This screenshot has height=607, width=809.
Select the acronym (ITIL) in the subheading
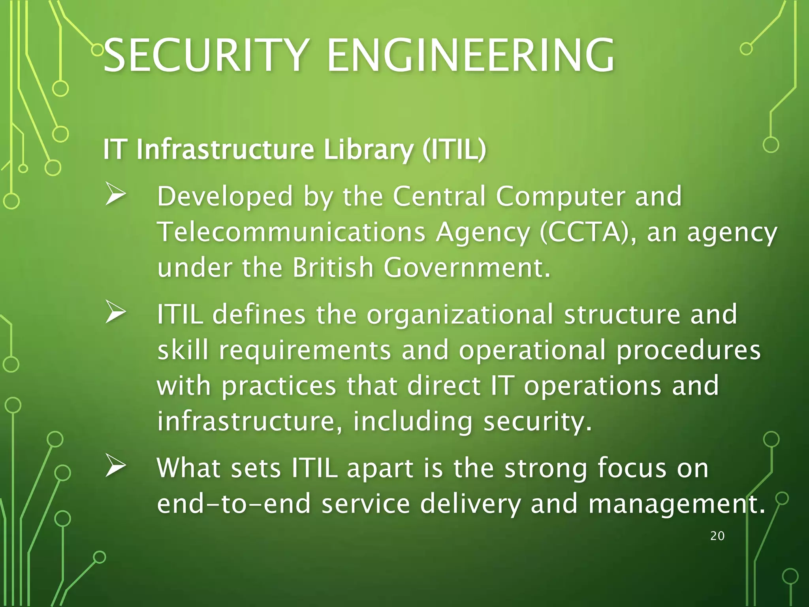pos(454,150)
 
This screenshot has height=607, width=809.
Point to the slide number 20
pos(717,536)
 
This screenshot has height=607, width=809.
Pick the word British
pos(333,268)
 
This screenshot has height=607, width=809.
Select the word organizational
pos(460,315)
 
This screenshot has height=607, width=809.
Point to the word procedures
pos(688,351)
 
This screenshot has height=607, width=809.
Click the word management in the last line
pos(676,504)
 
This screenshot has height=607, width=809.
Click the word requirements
pos(305,351)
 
